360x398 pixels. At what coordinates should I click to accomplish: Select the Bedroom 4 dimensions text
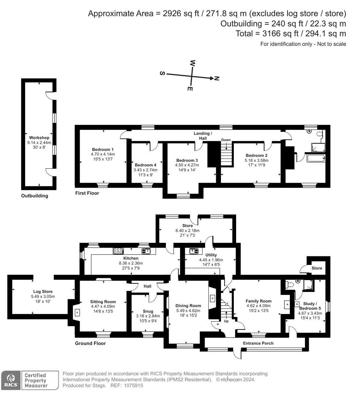[x=146, y=172]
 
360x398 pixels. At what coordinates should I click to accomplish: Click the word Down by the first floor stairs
[x=226, y=140]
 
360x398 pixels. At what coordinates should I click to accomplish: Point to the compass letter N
[x=217, y=78]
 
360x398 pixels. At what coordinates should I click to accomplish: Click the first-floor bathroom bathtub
[x=315, y=158]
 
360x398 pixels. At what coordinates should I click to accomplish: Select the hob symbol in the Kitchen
[x=118, y=251]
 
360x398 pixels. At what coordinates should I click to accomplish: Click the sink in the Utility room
[x=194, y=251]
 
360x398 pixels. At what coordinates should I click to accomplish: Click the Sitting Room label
[x=103, y=301]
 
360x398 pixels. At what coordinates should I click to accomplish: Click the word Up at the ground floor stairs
[x=226, y=321]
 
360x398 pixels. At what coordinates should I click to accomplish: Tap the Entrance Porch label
[x=258, y=343]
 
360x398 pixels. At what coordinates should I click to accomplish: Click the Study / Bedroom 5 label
[x=308, y=306]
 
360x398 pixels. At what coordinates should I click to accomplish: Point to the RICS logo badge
[x=11, y=380]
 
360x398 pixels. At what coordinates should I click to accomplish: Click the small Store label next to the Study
[x=317, y=268]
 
